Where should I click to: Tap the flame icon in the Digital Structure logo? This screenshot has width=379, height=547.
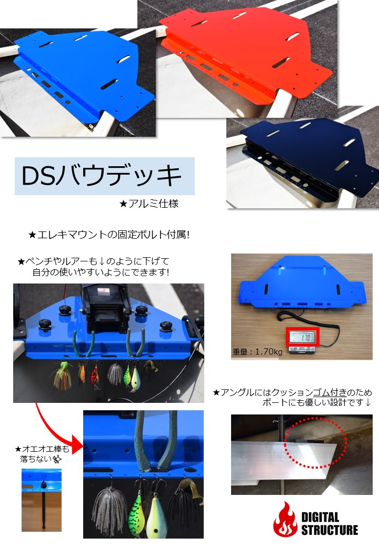point(285,519)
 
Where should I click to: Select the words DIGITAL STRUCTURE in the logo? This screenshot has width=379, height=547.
point(329,523)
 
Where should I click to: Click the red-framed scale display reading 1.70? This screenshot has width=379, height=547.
point(302,337)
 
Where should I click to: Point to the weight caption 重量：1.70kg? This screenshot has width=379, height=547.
point(257,352)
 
